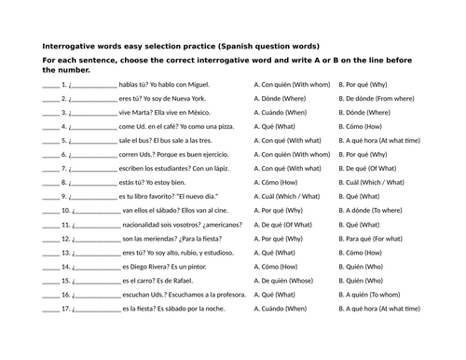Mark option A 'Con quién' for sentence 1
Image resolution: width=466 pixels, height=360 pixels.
(291, 83)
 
